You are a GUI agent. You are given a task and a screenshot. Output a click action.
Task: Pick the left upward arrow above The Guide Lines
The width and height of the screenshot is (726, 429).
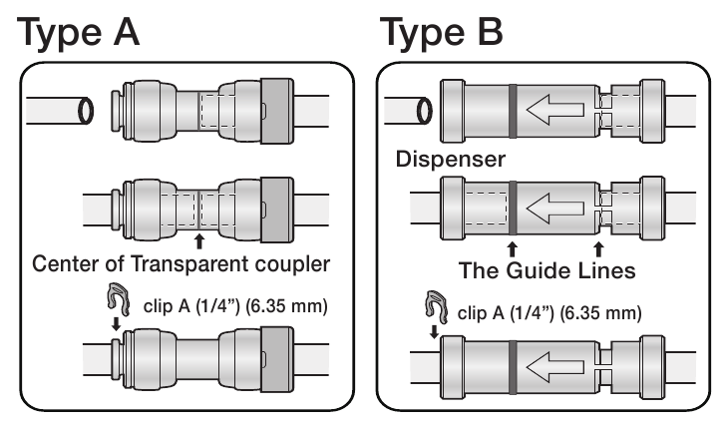click(x=512, y=245)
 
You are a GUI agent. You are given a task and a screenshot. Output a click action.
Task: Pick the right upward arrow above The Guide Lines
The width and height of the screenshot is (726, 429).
click(x=598, y=245)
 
